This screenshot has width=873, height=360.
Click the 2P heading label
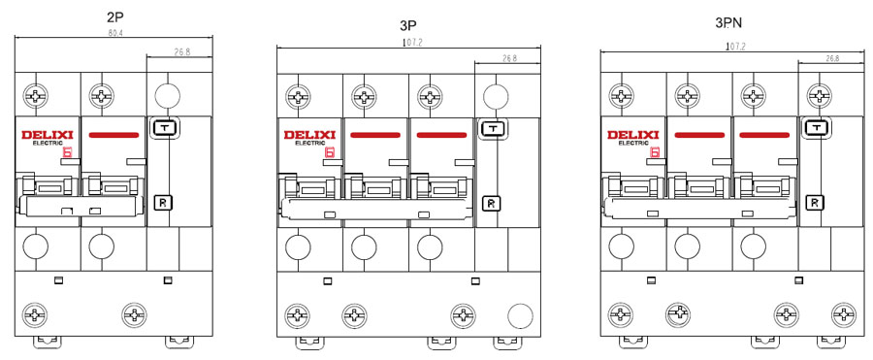[114, 16]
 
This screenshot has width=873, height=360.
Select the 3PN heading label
[728, 23]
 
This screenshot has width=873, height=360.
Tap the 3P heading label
[408, 25]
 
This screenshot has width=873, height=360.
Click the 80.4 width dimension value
[115, 33]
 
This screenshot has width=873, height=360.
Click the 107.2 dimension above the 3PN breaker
[735, 47]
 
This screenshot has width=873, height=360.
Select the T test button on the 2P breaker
[164, 129]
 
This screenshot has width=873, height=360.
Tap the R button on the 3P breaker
[491, 204]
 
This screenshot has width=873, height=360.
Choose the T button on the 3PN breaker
[816, 128]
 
